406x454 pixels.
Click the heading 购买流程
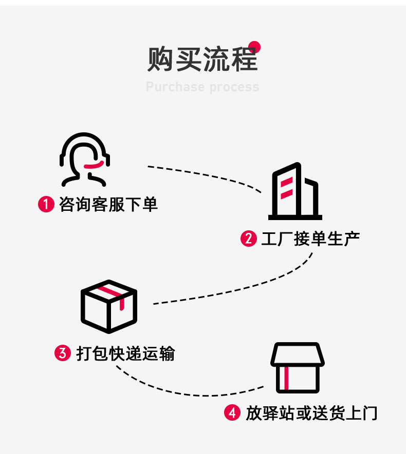coord(202,60)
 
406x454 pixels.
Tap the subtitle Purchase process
coord(202,87)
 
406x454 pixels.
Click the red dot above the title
coord(254,47)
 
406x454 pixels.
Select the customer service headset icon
coord(85,159)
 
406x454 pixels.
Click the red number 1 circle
coord(46,205)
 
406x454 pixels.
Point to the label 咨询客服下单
coord(108,205)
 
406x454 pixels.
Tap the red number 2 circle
coord(249,239)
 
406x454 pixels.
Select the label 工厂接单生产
coord(310,239)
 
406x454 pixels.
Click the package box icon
coord(109,306)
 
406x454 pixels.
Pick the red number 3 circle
coord(62,353)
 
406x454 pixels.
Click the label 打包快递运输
coord(125,353)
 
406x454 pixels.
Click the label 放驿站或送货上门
coord(311,413)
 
